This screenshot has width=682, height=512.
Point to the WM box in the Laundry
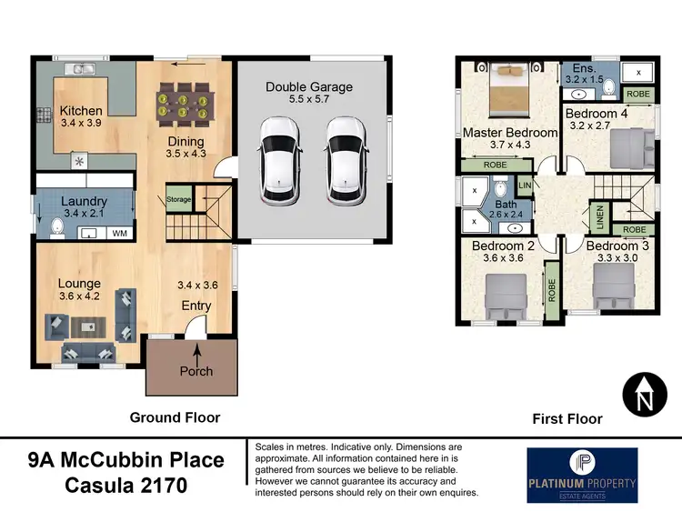[x=119, y=234]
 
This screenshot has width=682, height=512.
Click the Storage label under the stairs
[x=179, y=198]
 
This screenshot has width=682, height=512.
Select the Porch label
[x=196, y=371]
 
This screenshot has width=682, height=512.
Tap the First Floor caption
[x=567, y=419]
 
